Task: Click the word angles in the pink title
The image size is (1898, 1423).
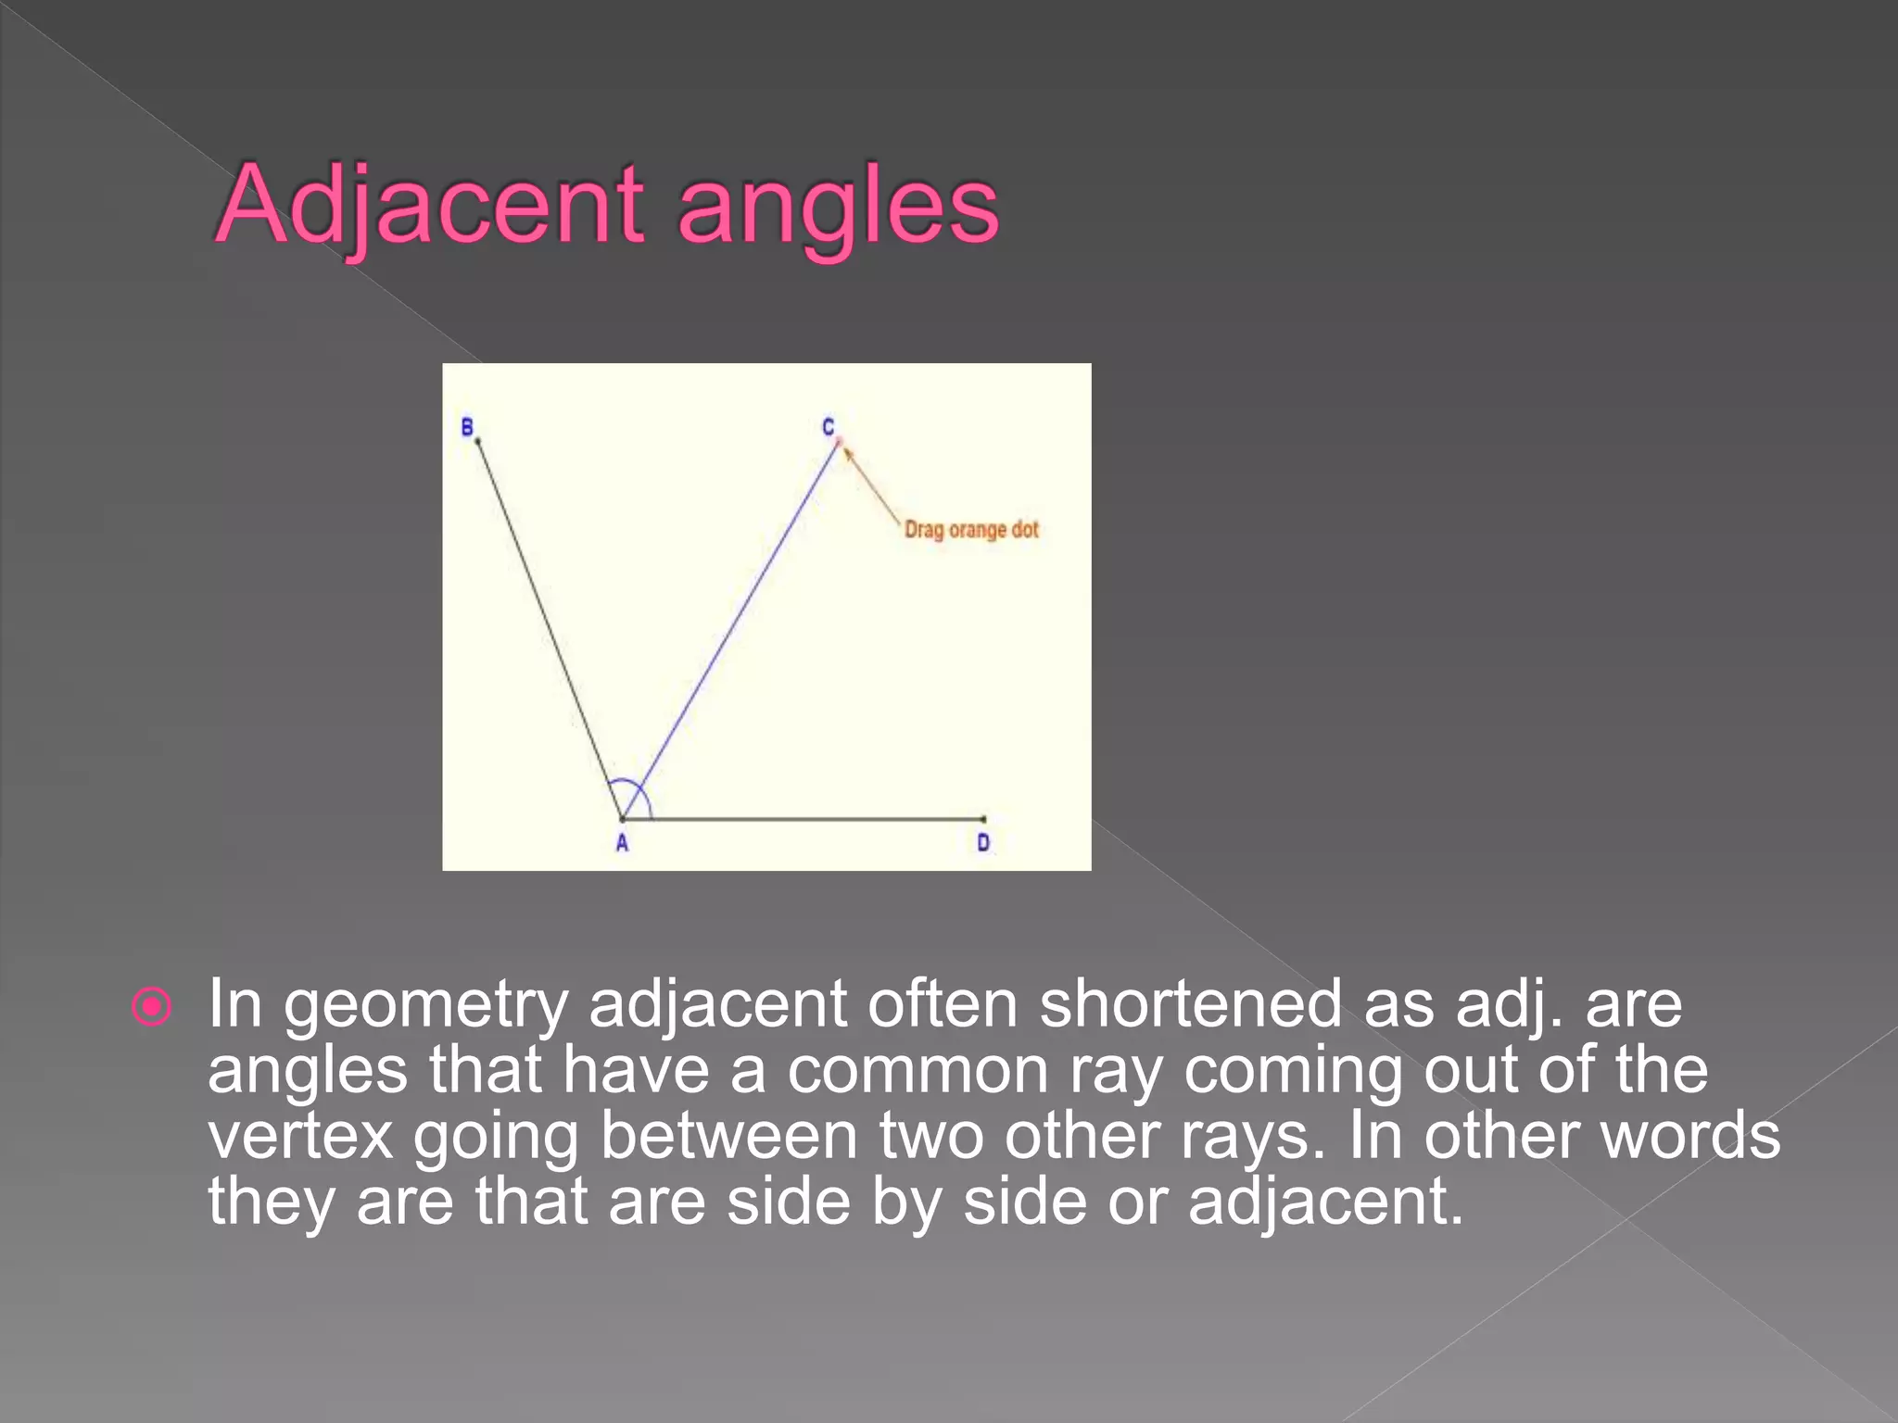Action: [x=838, y=208]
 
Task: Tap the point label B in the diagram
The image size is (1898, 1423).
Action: [x=467, y=427]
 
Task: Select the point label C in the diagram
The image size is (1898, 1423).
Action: [x=829, y=427]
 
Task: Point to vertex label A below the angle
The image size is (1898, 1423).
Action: [x=622, y=843]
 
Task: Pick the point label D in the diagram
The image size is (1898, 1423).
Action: [x=983, y=843]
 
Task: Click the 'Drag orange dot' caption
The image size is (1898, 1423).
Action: [x=971, y=530]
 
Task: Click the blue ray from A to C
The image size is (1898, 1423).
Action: [x=732, y=630]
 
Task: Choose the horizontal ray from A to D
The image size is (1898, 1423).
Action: [x=816, y=819]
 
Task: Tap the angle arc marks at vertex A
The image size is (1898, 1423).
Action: [x=634, y=795]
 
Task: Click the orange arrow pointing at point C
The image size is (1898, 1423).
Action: [x=871, y=485]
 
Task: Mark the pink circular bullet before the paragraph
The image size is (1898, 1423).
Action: [x=152, y=1006]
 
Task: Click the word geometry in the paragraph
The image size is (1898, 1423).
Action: [x=425, y=1006]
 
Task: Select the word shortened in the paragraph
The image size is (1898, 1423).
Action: [x=1190, y=1004]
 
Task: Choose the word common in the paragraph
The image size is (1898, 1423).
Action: [x=918, y=1071]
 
